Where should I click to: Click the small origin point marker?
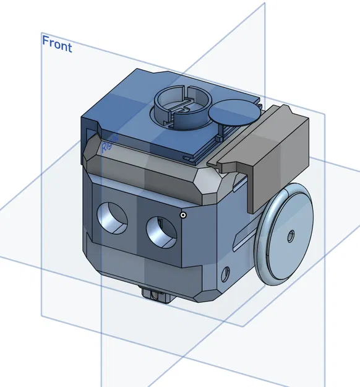183,215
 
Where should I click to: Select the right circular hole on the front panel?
161,232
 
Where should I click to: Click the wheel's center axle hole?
290,235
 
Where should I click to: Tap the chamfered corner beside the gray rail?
208,184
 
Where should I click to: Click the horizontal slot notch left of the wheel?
242,235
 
